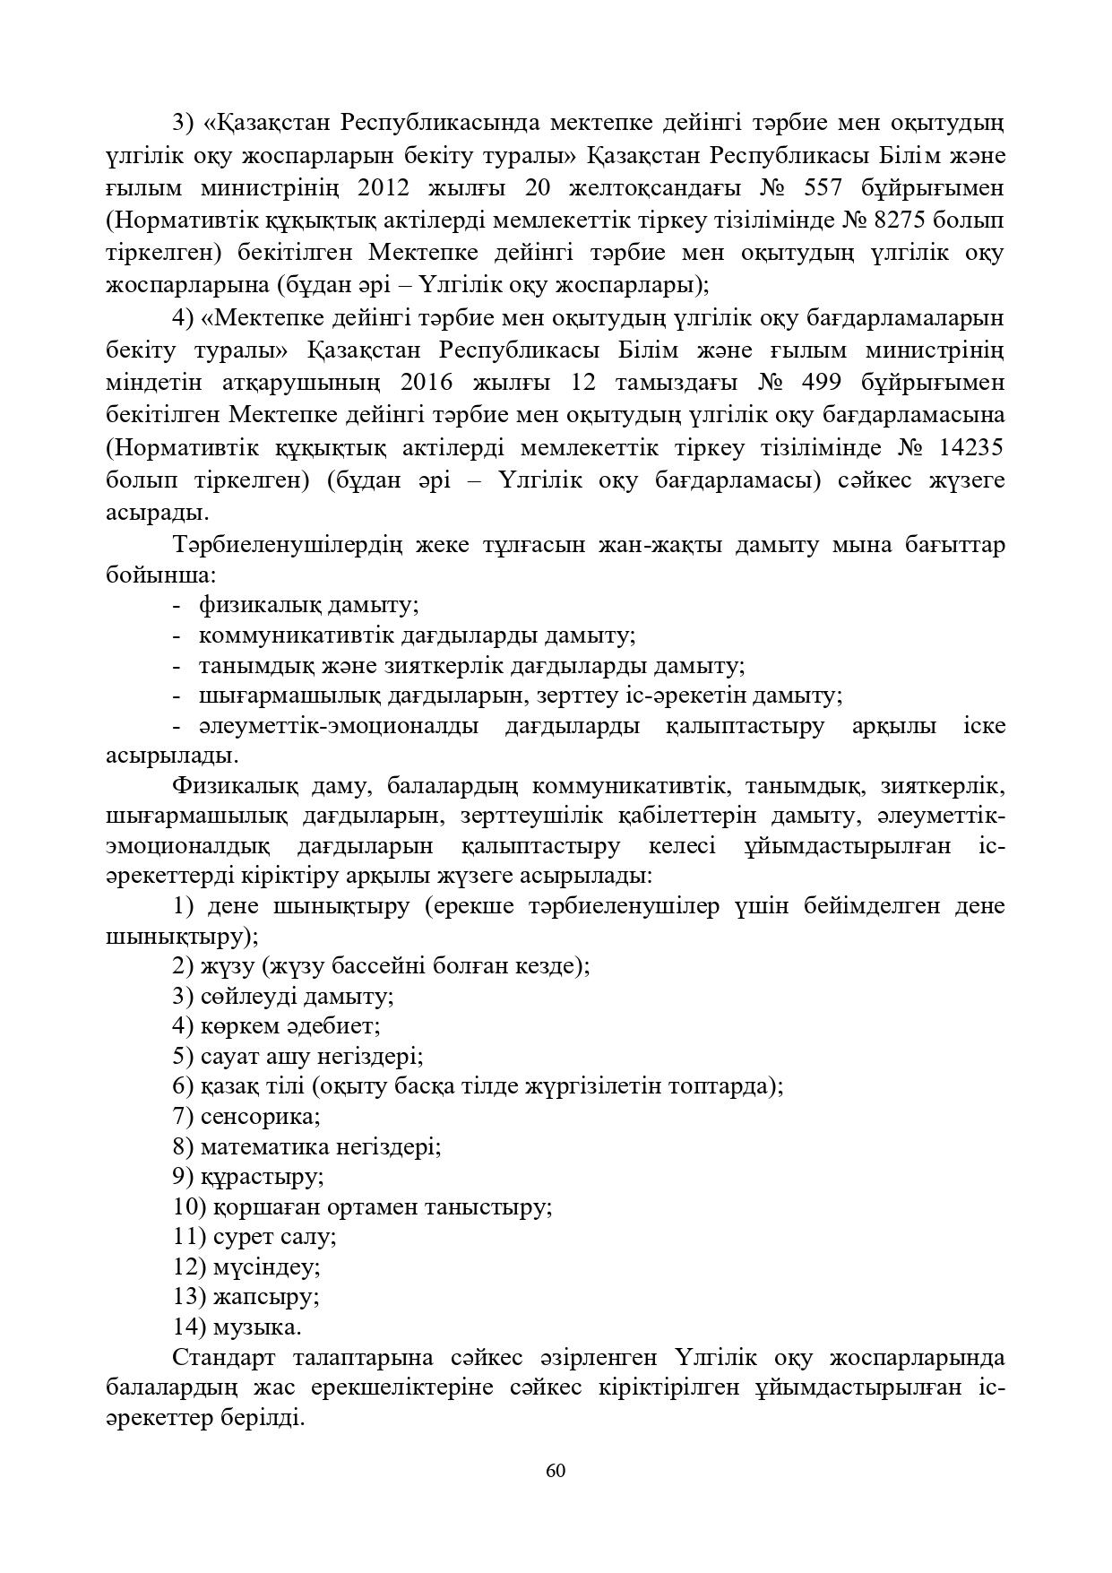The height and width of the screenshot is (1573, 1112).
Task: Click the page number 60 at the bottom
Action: pyautogui.click(x=556, y=1471)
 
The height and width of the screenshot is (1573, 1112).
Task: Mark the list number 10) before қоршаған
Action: pyautogui.click(x=191, y=1206)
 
